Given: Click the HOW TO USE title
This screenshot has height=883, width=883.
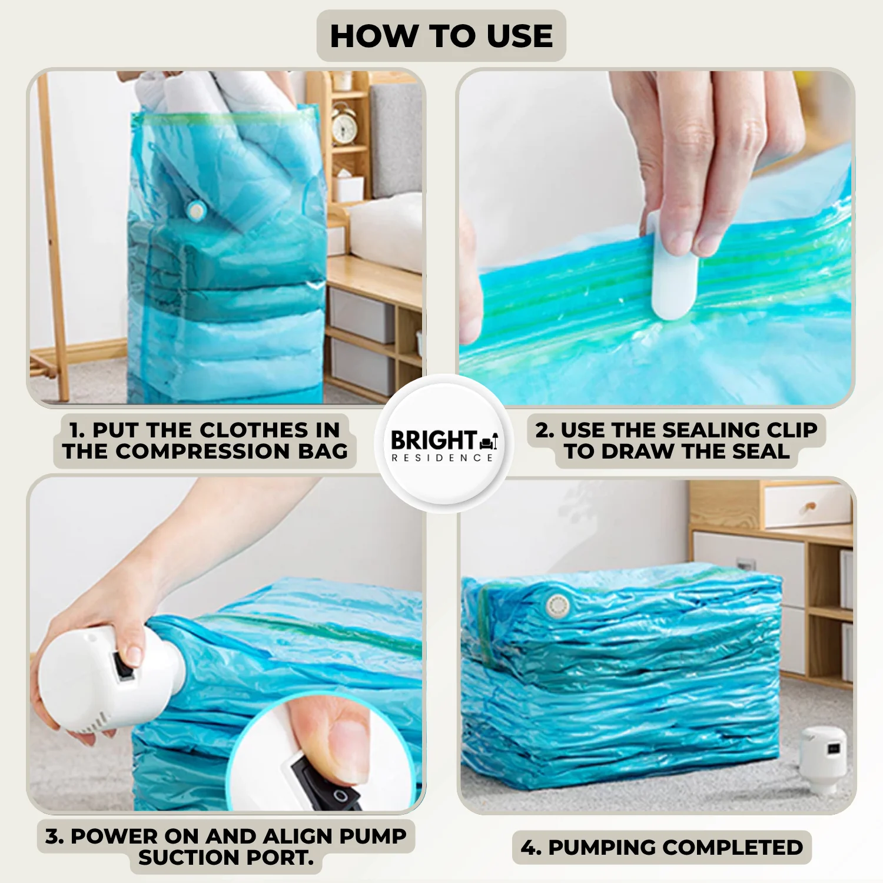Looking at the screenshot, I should coord(441,36).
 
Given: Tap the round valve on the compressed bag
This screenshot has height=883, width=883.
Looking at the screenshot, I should coord(556,605).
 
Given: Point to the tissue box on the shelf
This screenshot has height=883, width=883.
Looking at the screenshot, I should coord(348,187).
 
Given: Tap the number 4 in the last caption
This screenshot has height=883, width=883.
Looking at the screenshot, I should coord(529,848).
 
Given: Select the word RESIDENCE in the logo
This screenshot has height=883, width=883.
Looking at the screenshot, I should coord(442,458).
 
